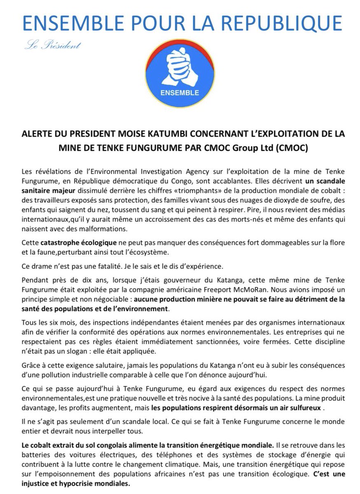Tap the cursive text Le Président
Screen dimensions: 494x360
tap(53, 45)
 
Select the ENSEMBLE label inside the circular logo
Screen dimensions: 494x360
tap(180, 92)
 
